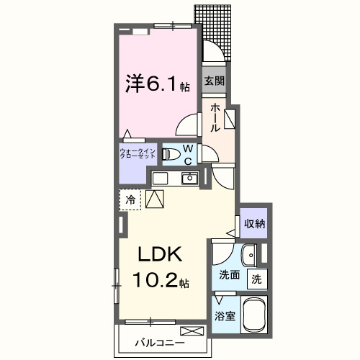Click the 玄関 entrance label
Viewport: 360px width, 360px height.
[214, 81]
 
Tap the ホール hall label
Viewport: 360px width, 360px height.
[215, 117]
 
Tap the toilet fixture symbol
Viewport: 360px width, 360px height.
[170, 154]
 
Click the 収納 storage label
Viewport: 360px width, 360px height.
[253, 223]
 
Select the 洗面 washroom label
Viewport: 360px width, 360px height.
[230, 275]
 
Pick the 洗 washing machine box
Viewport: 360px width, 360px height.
[257, 279]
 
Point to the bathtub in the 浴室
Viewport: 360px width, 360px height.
[255, 315]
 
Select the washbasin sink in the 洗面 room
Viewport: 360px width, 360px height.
[248, 255]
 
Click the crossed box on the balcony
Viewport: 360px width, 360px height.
[192, 331]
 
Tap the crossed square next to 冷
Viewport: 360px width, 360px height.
[156, 198]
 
